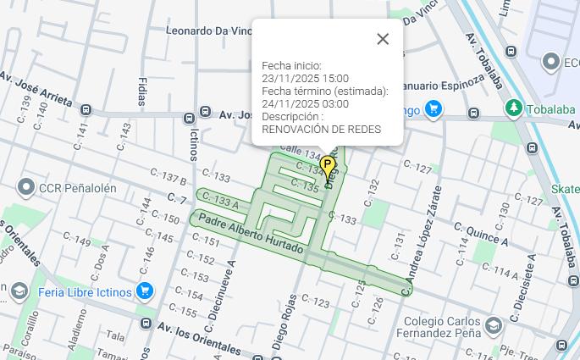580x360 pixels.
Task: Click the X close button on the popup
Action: click(383, 39)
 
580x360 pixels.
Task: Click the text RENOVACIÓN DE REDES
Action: click(321, 130)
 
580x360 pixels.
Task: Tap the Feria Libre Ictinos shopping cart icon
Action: click(145, 291)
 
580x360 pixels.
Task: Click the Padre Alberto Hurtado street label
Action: click(250, 233)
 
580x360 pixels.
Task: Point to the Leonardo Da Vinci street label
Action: click(208, 30)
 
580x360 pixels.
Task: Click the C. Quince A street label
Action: click(481, 234)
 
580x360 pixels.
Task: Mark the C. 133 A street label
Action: click(219, 201)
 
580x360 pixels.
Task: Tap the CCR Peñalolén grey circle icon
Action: click(25, 187)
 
